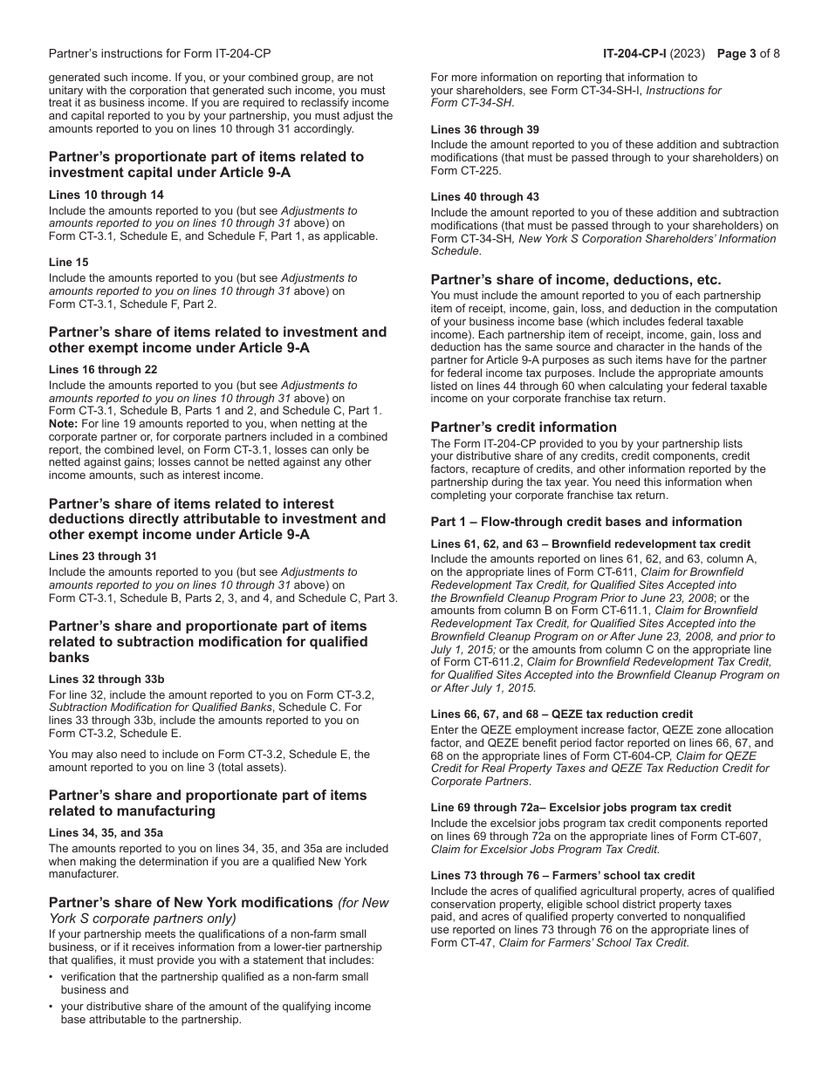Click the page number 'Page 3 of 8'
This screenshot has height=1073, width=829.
(x=748, y=53)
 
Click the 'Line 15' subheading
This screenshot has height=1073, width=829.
(x=68, y=263)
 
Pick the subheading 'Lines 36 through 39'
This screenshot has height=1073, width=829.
(x=484, y=130)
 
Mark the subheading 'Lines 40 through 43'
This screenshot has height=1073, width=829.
(x=484, y=197)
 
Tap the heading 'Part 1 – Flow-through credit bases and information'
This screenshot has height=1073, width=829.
(x=576, y=523)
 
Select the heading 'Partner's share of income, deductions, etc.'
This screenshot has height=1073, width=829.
(x=576, y=280)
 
